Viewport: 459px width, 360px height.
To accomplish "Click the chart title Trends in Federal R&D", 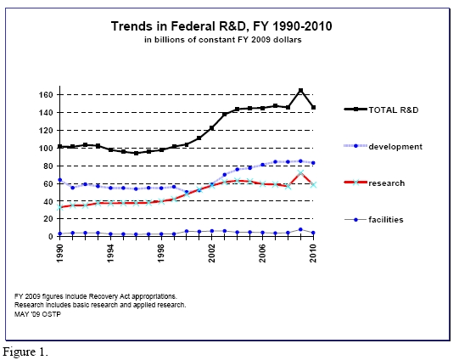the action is click(221, 26).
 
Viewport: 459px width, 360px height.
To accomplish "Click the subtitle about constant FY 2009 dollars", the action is click(223, 40).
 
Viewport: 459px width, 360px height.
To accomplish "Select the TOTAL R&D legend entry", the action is click(381, 110).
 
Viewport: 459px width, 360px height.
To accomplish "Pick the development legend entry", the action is click(383, 146).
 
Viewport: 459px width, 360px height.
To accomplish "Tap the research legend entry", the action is click(374, 183).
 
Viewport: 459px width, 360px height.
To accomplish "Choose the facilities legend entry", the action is click(374, 220).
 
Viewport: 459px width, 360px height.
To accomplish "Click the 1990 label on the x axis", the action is click(59, 254).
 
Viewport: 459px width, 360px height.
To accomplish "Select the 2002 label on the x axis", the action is click(212, 254).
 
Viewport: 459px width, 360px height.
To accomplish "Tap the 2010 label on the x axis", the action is click(314, 254).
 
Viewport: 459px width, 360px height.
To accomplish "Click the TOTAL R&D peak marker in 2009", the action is click(300, 91).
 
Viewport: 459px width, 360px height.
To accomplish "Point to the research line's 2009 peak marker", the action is click(300, 173).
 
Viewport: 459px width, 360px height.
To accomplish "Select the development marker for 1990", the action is click(60, 180).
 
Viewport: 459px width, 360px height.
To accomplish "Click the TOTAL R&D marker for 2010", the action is click(314, 108).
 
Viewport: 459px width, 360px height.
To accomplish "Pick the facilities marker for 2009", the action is click(300, 229).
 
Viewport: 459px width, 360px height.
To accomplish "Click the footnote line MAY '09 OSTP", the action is click(38, 314).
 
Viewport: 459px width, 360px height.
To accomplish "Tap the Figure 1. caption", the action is click(25, 352).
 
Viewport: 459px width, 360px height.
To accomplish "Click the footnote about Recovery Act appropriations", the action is click(96, 296).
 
